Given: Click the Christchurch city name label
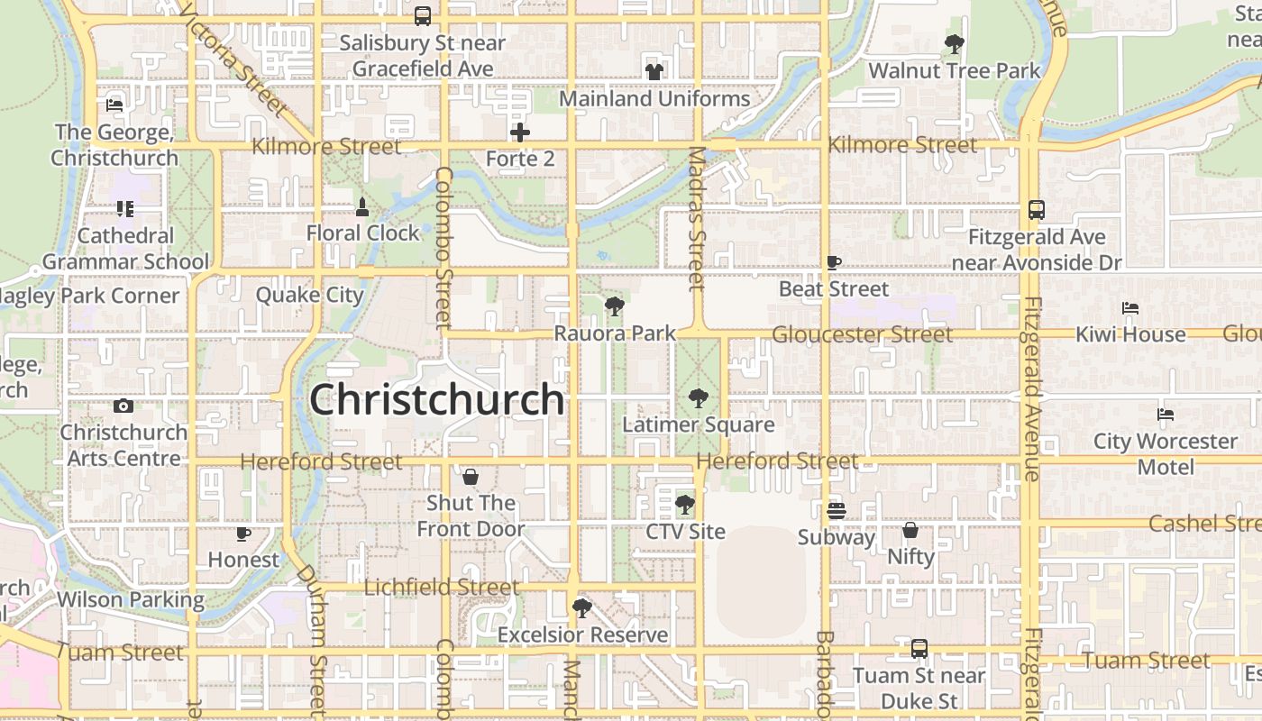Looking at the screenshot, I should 437,400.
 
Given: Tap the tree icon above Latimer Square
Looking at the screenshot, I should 698,397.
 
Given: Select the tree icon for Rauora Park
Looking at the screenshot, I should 615,306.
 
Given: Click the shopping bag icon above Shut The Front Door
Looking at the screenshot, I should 470,476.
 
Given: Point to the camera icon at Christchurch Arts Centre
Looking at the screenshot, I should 124,406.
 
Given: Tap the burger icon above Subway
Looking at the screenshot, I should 836,511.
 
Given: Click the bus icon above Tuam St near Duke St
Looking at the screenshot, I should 919,648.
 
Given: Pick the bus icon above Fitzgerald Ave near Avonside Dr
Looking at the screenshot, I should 1037,210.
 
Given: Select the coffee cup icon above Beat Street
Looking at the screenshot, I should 834,262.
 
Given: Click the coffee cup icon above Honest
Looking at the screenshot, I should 242,534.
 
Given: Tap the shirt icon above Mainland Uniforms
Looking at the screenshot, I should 654,71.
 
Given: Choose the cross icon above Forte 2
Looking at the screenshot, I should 520,133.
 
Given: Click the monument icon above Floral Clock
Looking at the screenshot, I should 362,207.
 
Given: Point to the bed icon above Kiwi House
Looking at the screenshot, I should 1130,308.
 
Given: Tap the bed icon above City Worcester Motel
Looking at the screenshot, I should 1166,415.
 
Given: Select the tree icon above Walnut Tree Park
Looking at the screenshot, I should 954,43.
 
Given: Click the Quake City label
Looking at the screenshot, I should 309,295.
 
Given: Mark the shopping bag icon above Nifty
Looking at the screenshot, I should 910,530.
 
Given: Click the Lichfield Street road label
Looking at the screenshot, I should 442,588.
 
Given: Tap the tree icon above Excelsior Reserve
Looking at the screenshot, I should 582,607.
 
